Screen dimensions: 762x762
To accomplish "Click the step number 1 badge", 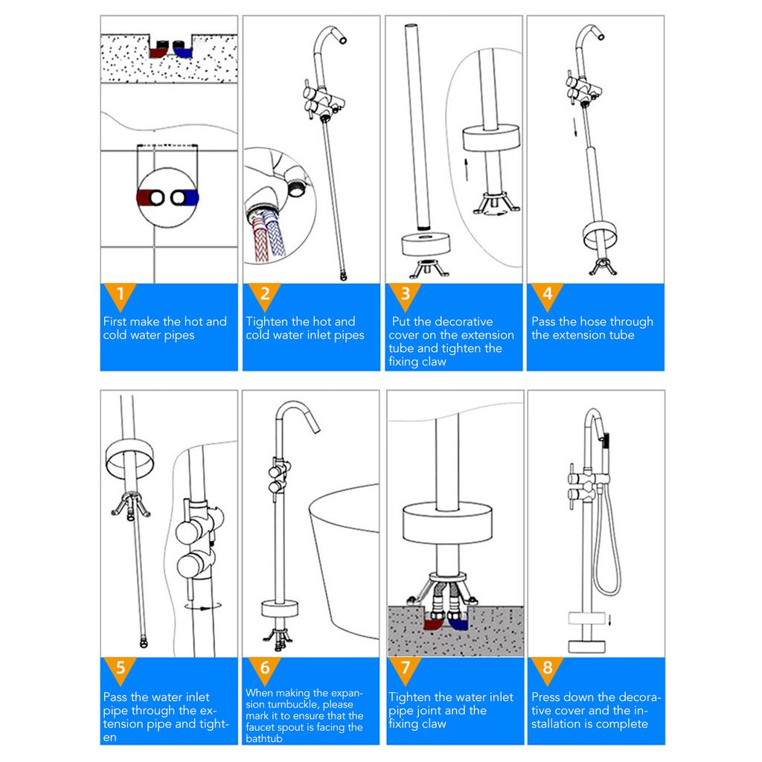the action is pyautogui.click(x=120, y=295).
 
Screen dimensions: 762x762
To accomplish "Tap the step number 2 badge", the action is pyautogui.click(x=265, y=295).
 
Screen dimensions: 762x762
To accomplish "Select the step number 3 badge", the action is pyautogui.click(x=406, y=295).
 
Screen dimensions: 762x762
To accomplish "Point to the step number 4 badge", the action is pyautogui.click(x=547, y=295).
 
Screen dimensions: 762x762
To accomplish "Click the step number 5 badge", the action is pyautogui.click(x=120, y=670).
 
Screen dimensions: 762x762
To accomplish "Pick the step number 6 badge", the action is pyautogui.click(x=264, y=670).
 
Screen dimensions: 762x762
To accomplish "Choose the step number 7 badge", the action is pyautogui.click(x=406, y=670).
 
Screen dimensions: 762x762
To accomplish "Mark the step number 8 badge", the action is pyautogui.click(x=547, y=670).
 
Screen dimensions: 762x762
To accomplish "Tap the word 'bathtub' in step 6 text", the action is pyautogui.click(x=264, y=738).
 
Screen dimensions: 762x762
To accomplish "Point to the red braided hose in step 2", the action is pyautogui.click(x=260, y=240).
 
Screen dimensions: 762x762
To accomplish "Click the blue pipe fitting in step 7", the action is pyautogui.click(x=458, y=623).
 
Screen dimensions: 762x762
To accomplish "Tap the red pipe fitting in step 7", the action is pyautogui.click(x=434, y=623).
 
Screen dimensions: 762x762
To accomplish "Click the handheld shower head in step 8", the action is pyautogui.click(x=606, y=441).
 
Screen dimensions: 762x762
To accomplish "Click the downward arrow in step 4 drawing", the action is pyautogui.click(x=575, y=127).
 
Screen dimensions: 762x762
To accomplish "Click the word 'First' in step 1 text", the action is pyautogui.click(x=115, y=321).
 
